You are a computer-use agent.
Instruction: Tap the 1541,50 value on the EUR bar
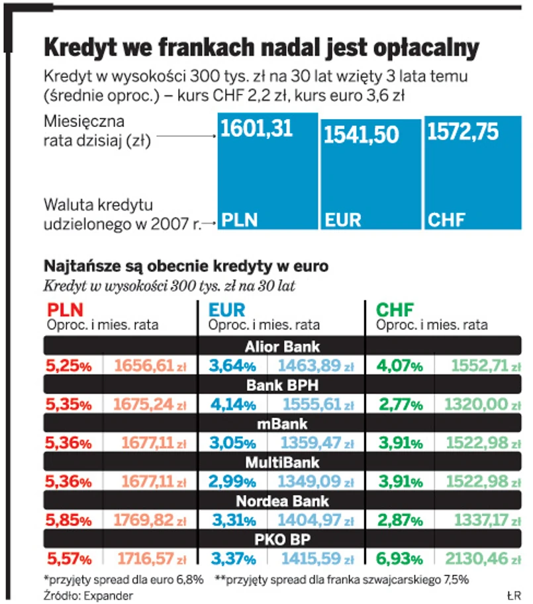(x=361, y=134)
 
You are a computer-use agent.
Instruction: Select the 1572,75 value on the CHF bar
(x=463, y=132)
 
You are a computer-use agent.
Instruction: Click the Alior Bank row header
(x=282, y=347)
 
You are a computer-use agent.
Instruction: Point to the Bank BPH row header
(x=282, y=385)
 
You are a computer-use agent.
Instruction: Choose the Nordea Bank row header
(x=282, y=501)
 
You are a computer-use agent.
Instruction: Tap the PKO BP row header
(x=282, y=539)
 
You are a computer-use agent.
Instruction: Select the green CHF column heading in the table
(x=395, y=310)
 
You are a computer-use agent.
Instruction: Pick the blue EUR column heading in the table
(x=226, y=310)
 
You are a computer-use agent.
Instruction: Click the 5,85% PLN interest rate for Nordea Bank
(x=68, y=520)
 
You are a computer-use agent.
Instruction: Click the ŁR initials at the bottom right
(x=513, y=595)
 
